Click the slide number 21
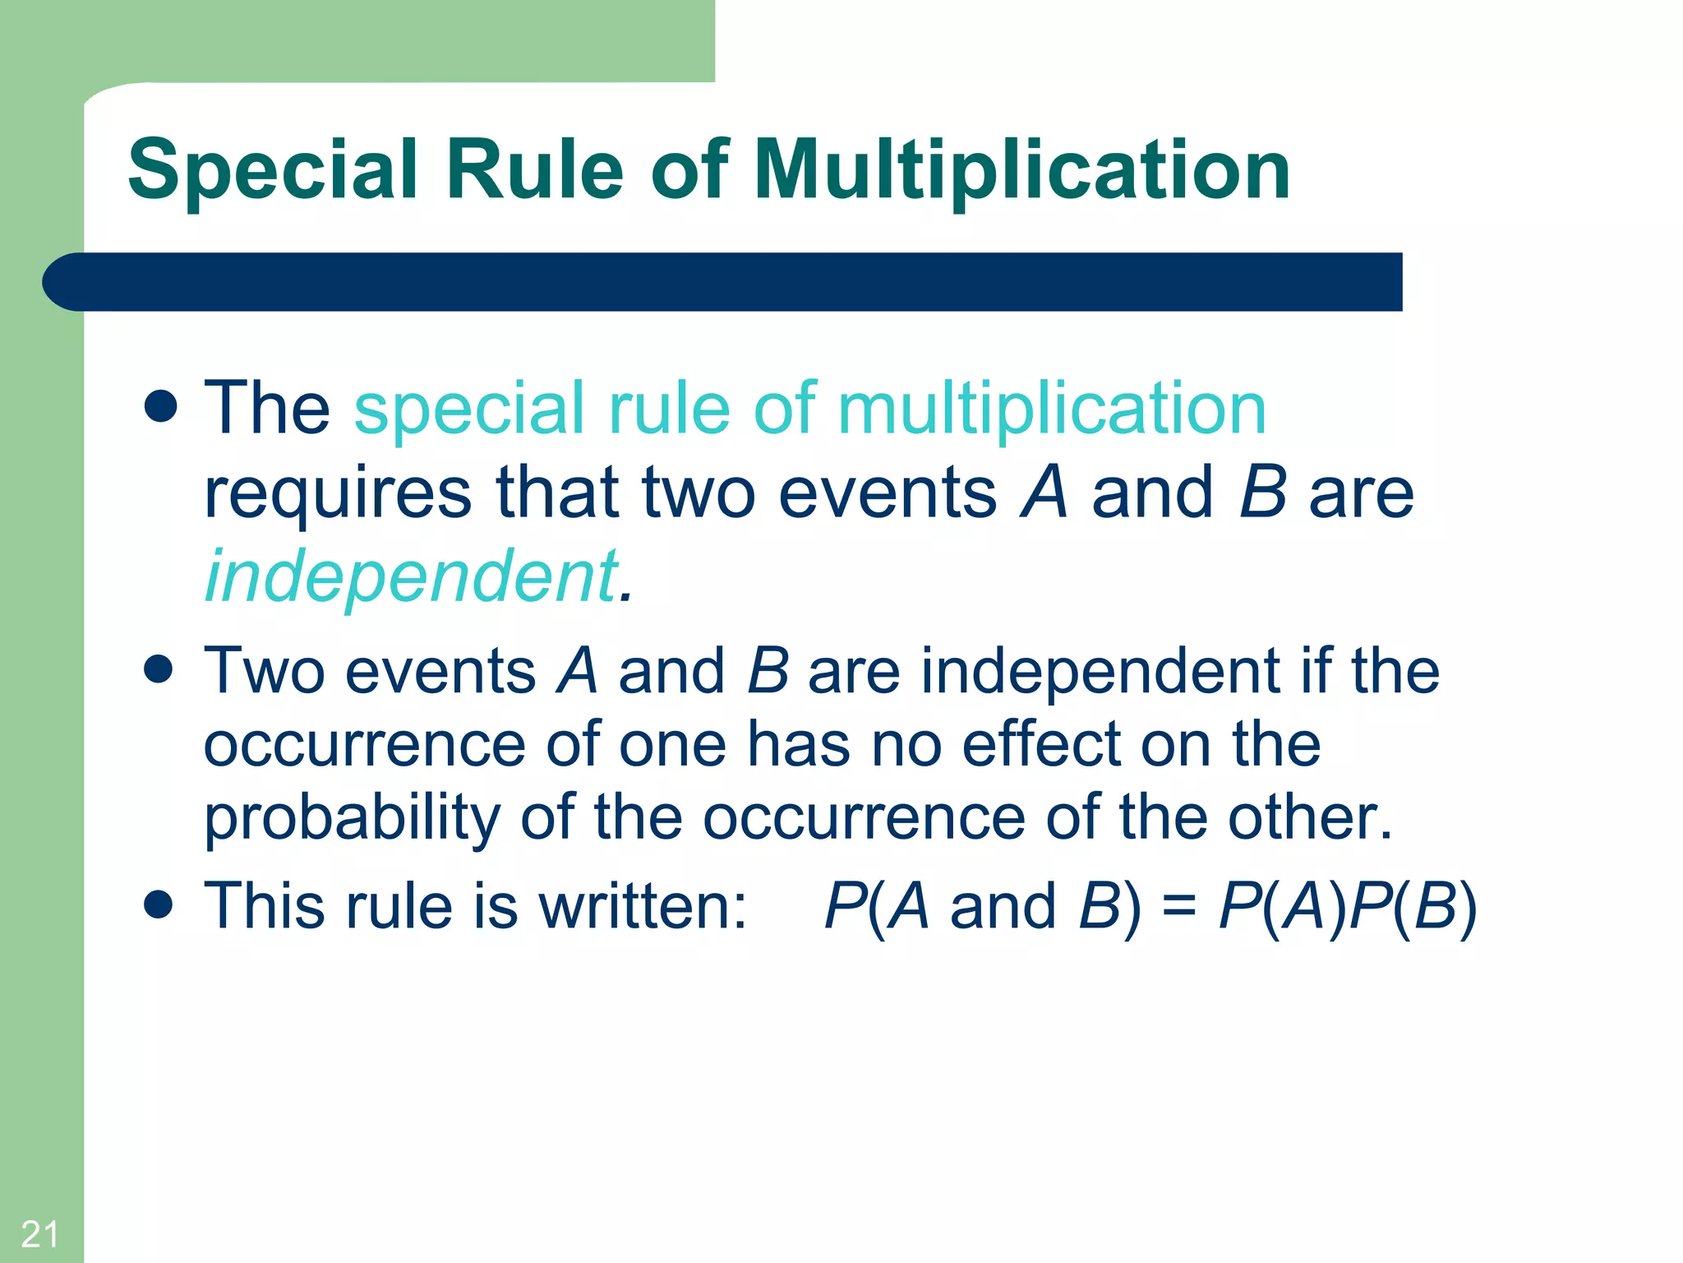[39, 1234]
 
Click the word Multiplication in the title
[1021, 170]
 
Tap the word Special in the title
[273, 170]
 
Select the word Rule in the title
[534, 170]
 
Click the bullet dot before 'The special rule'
[160, 405]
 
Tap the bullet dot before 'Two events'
[158, 669]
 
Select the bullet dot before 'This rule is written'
[158, 904]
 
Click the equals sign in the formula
[1179, 907]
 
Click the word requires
[337, 493]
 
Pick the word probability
[352, 818]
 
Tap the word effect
[1042, 744]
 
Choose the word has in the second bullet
[798, 744]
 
